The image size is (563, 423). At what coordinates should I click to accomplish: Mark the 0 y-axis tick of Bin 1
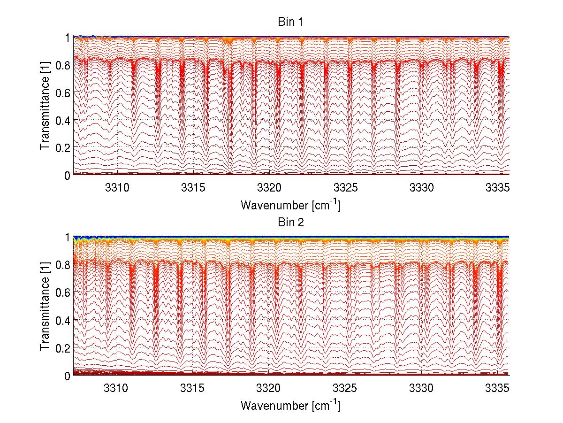[68, 175]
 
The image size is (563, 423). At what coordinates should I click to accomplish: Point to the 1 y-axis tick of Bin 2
[68, 237]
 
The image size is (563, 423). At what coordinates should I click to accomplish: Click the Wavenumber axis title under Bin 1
[290, 205]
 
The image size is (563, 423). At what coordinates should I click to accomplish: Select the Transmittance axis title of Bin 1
[45, 106]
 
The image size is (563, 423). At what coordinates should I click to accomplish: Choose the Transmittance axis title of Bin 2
[45, 306]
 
